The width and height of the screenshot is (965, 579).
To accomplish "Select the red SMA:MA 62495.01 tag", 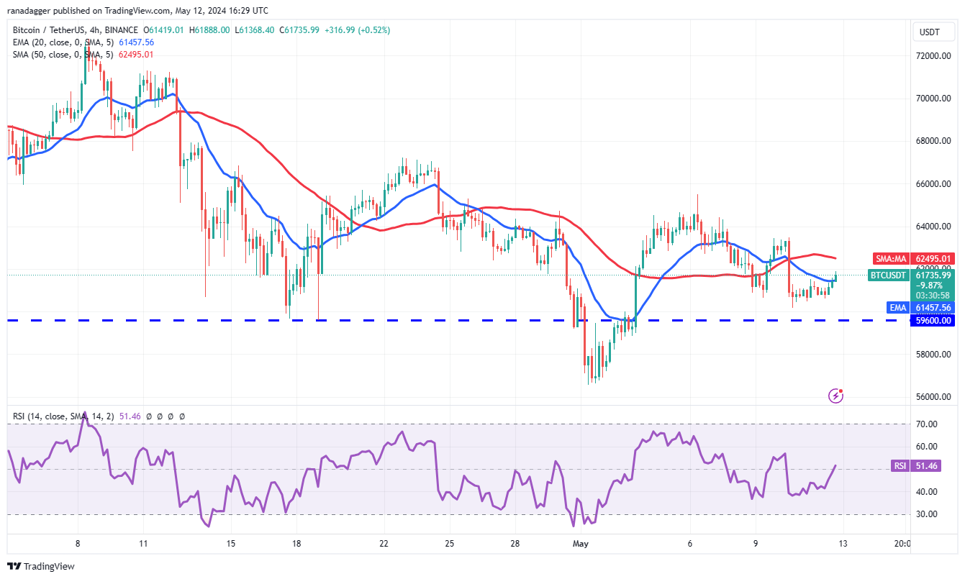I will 914,258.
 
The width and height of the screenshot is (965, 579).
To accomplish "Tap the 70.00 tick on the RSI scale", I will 927,424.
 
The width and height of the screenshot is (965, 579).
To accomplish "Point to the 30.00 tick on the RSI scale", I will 927,514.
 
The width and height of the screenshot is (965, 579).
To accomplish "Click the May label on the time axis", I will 581,544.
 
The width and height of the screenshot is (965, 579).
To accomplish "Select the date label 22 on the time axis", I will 384,544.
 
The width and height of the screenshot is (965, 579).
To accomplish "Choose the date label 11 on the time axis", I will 143,544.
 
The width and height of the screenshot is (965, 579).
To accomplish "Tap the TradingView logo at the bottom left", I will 42,566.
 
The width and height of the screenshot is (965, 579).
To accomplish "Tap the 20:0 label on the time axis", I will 901,544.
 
